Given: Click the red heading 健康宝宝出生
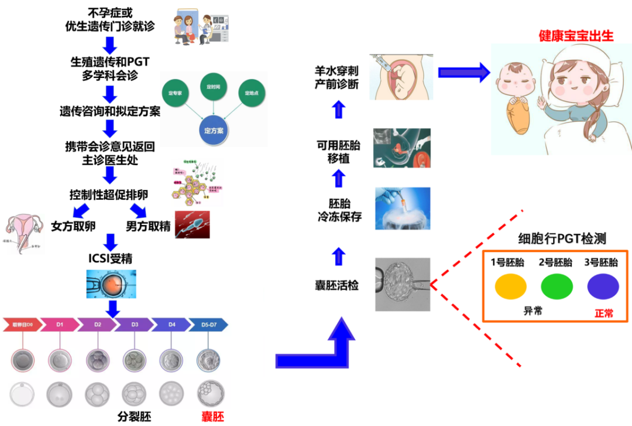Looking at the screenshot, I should tap(576, 36).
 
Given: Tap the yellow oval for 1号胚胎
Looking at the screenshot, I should tap(510, 287).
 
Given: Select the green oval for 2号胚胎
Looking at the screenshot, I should tap(557, 287).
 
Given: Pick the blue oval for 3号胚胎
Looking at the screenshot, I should tap(603, 287).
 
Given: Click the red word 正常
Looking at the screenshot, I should tap(604, 313).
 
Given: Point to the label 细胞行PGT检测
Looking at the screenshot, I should tap(562, 238).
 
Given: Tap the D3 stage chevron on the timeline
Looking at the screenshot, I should tap(135, 324).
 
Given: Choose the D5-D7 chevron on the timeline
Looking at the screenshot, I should tap(208, 324).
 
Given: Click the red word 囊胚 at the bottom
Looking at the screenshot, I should tap(213, 417).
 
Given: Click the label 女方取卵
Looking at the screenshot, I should tap(73, 226).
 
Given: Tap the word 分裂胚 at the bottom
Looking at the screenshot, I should tap(134, 417).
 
